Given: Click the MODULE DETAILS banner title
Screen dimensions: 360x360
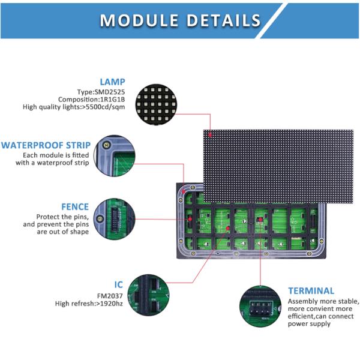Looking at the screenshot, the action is pyautogui.click(x=180, y=20).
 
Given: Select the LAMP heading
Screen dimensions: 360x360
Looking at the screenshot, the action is pyautogui.click(x=113, y=82).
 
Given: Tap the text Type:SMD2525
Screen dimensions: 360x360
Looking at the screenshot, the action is pyautogui.click(x=101, y=92).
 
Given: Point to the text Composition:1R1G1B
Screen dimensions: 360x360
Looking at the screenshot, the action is pyautogui.click(x=92, y=100).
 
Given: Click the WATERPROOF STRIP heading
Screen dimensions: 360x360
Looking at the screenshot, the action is pyautogui.click(x=46, y=145).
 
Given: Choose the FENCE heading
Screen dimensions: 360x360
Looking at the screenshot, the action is pyautogui.click(x=75, y=206).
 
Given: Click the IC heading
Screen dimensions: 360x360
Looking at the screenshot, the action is pyautogui.click(x=119, y=284).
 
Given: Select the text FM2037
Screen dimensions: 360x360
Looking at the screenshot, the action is pyautogui.click(x=110, y=296).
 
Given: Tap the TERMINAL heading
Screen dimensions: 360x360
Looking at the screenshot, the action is pyautogui.click(x=311, y=290).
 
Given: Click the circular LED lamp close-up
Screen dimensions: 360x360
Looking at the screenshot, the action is pyautogui.click(x=156, y=104).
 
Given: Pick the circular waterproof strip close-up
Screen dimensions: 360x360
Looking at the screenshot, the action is pyautogui.click(x=115, y=155).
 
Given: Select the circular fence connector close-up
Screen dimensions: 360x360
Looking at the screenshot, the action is pyautogui.click(x=115, y=219).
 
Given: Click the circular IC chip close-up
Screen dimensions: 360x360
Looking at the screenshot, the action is pyautogui.click(x=148, y=295).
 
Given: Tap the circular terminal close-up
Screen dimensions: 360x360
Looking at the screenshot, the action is pyautogui.click(x=260, y=306).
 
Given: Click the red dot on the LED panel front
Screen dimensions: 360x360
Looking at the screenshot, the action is pyautogui.click(x=210, y=135).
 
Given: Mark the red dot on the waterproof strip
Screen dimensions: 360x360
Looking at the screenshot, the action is pyautogui.click(x=184, y=191).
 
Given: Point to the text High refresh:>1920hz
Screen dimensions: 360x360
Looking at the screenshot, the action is pyautogui.click(x=89, y=304).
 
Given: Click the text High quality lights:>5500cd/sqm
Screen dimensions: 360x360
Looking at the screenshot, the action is pyautogui.click(x=74, y=107).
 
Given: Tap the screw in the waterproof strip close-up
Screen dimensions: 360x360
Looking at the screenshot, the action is pyautogui.click(x=106, y=145).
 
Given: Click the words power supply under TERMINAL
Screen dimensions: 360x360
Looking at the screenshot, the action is pyautogui.click(x=309, y=324).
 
